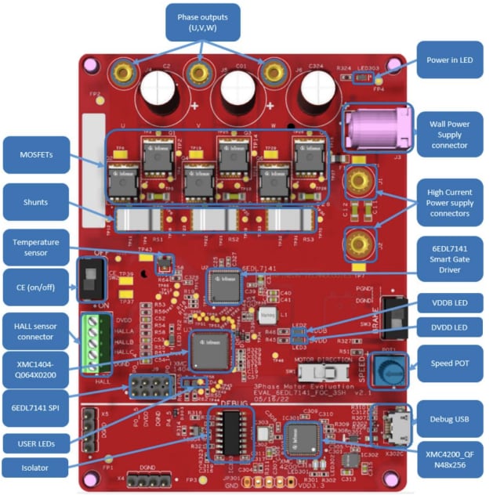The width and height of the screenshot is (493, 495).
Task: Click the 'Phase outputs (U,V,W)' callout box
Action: pyautogui.click(x=203, y=22)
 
